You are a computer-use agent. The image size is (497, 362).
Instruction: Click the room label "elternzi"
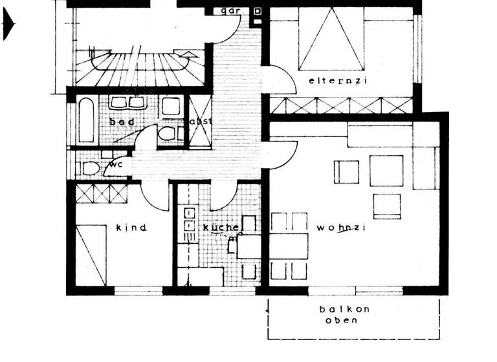[x=329, y=81]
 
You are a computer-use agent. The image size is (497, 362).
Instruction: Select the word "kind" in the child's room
[x=131, y=228]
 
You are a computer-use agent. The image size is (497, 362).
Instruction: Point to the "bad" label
[x=121, y=122]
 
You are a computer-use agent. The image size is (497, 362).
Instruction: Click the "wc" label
[x=116, y=164]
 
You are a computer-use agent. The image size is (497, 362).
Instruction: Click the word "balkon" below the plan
[x=344, y=309]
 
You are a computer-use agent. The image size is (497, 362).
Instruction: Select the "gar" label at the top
[x=231, y=11]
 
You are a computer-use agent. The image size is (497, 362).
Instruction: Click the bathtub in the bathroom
[x=87, y=120]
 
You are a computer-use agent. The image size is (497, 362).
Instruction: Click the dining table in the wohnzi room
[x=289, y=246]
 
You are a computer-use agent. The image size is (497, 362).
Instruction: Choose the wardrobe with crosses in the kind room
[x=102, y=193]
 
